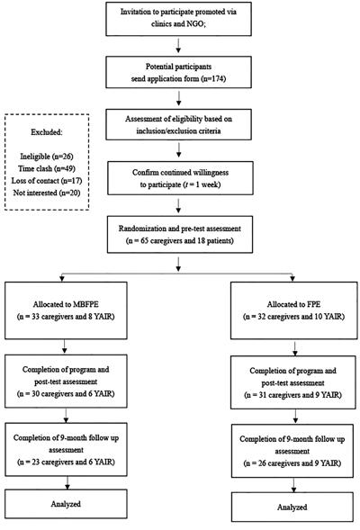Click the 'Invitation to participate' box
(x=178, y=19)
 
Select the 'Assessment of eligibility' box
(x=178, y=124)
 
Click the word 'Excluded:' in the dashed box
(x=47, y=132)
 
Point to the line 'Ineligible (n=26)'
(x=47, y=157)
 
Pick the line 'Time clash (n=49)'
(x=47, y=168)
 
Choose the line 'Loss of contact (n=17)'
(x=47, y=181)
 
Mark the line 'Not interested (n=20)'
(x=47, y=193)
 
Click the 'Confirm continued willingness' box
(x=180, y=178)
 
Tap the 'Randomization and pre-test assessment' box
(x=180, y=235)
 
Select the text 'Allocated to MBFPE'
(x=66, y=304)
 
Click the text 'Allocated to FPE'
(x=293, y=304)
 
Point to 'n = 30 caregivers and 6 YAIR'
(x=66, y=394)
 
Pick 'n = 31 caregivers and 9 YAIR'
(x=293, y=395)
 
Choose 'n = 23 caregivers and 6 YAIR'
(x=66, y=462)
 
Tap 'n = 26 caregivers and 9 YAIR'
(x=292, y=463)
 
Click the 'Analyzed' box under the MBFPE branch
(x=66, y=504)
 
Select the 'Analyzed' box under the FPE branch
(x=292, y=507)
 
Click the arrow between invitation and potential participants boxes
(x=178, y=46)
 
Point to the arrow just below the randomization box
(x=178, y=265)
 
